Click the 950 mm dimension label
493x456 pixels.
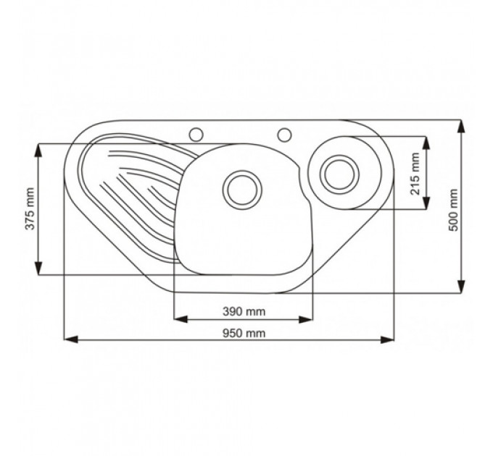[x=244, y=333]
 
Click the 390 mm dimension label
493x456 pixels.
[x=244, y=312]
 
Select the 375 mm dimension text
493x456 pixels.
[x=30, y=208]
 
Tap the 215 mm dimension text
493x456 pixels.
[x=415, y=174]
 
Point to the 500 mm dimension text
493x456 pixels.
[x=453, y=210]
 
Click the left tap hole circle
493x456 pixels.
[x=196, y=135]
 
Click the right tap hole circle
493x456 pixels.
[x=284, y=135]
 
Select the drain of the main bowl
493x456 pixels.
[x=242, y=190]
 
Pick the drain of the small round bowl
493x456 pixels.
[x=339, y=174]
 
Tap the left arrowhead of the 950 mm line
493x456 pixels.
[x=71, y=339]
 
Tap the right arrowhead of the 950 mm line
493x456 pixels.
[x=387, y=339]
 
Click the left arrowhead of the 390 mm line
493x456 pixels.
[x=181, y=319]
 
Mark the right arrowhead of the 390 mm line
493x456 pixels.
[x=306, y=319]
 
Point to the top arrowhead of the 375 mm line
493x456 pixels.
[x=38, y=151]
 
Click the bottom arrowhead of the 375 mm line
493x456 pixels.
[x=38, y=268]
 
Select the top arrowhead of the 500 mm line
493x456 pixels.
[x=461, y=127]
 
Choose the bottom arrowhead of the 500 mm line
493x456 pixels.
[x=461, y=286]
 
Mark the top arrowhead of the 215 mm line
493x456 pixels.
[x=426, y=143]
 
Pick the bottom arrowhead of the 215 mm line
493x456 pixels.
[x=426, y=203]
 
